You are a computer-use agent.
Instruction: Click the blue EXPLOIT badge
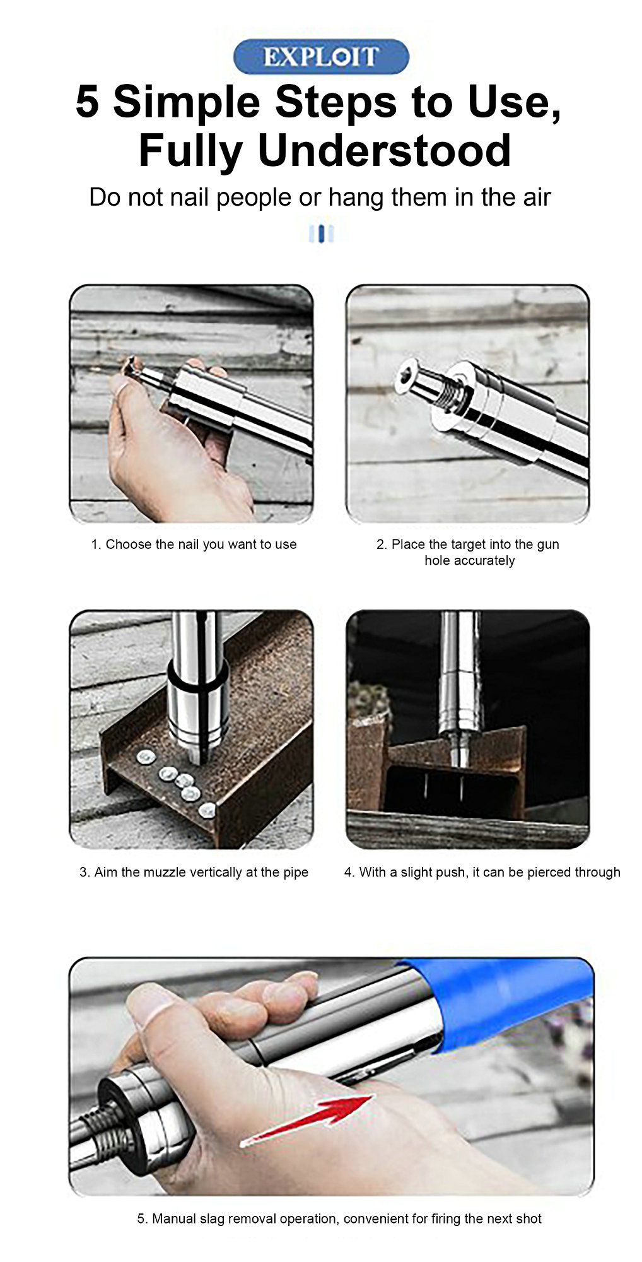click(x=321, y=57)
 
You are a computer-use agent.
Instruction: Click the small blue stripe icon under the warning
click(x=321, y=233)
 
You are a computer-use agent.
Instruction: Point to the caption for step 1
click(x=194, y=545)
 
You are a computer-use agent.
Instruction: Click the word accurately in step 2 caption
click(x=470, y=561)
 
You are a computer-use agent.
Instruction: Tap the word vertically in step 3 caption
click(x=211, y=873)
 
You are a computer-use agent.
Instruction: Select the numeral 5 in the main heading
click(x=88, y=102)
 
